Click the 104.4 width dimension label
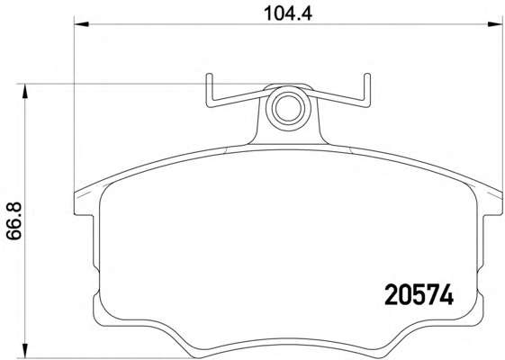pyautogui.click(x=288, y=13)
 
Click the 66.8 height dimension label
pyautogui.click(x=14, y=220)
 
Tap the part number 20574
pyautogui.click(x=419, y=295)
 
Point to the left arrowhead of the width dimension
pyautogui.click(x=81, y=24)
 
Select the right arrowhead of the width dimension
pyautogui.click(x=495, y=24)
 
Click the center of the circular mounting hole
pyautogui.click(x=288, y=109)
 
